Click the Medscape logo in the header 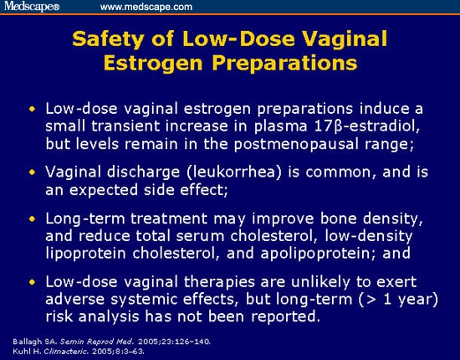32,6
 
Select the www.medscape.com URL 146,7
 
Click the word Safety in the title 108,39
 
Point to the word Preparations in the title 284,63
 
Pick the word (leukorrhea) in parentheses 234,172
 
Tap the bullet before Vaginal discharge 32,172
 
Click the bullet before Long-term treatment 32,219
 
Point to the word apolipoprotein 316,253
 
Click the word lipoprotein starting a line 85,253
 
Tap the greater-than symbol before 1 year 369,300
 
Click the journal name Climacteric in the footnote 66,351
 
